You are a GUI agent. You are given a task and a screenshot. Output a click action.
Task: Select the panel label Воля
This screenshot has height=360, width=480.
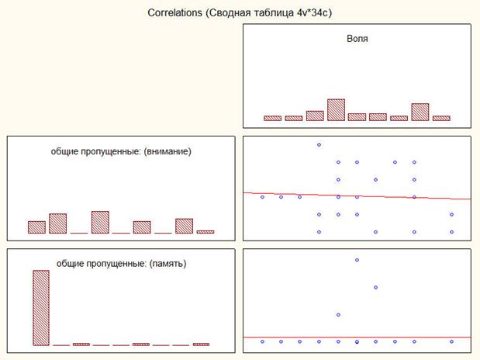[x=357, y=38]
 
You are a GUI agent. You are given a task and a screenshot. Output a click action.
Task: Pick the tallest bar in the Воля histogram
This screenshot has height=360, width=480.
[x=336, y=109]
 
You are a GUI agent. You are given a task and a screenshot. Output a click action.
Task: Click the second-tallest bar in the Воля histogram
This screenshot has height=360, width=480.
[x=420, y=112]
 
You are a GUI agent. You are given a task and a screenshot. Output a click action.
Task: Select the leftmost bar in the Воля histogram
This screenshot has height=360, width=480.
[x=272, y=118]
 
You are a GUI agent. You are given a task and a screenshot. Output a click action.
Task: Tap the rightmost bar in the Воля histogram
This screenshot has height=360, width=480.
[x=441, y=118]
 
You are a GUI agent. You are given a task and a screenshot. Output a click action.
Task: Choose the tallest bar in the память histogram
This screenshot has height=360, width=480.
[x=40, y=307]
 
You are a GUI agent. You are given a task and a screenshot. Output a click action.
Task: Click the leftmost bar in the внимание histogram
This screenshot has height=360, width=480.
[x=36, y=227]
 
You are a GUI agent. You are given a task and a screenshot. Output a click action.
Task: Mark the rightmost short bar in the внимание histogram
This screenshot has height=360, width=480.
[x=205, y=231]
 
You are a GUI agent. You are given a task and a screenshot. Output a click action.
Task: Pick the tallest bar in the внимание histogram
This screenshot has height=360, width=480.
[x=100, y=222]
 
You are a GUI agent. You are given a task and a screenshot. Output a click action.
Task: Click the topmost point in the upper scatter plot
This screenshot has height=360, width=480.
[x=319, y=144]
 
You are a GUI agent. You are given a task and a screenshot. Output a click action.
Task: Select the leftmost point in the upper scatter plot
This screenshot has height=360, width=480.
[x=262, y=197]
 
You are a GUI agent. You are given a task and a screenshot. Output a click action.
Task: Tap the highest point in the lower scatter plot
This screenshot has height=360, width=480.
[x=357, y=259]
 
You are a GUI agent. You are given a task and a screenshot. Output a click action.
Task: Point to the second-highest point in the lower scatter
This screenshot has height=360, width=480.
[x=375, y=287]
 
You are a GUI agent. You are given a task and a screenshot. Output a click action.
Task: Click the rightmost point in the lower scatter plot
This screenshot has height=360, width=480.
[x=451, y=341]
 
